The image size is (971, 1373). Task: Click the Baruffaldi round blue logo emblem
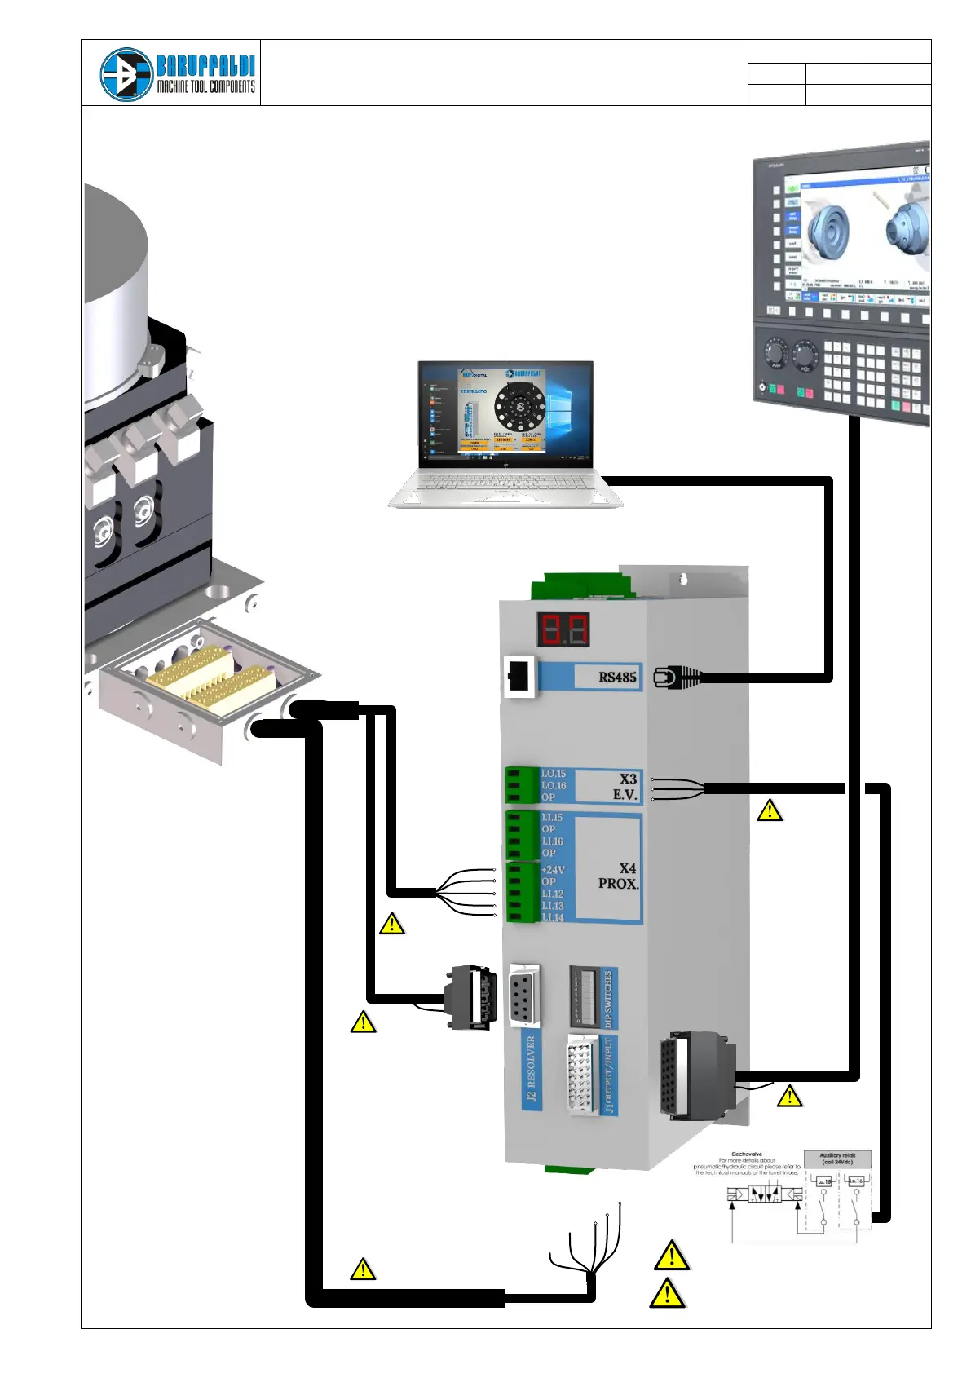click(126, 74)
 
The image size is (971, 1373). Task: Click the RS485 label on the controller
click(617, 677)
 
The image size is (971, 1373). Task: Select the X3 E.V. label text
click(625, 787)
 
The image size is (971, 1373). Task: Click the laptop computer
click(505, 432)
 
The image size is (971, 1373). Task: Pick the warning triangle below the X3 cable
click(770, 810)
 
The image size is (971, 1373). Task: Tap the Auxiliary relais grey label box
click(837, 1159)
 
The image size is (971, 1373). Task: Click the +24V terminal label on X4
click(553, 870)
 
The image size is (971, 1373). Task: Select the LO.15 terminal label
click(554, 774)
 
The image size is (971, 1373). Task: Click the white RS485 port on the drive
click(519, 677)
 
